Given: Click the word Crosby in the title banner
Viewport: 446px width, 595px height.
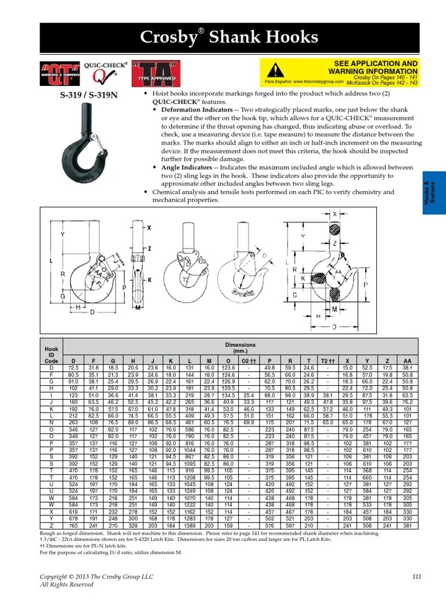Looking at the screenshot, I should pos(168,38).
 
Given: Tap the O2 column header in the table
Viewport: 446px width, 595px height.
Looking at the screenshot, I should pos(249,360).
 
